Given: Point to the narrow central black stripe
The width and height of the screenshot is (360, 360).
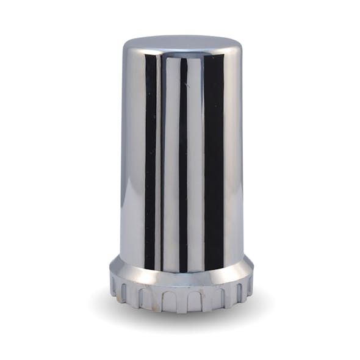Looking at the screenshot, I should click(183, 159).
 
